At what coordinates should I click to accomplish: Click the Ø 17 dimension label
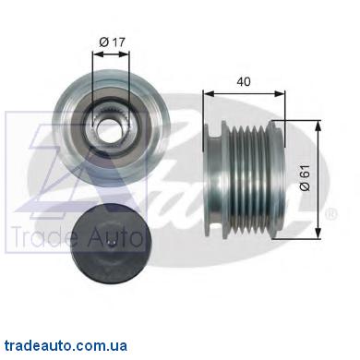pos(113,42)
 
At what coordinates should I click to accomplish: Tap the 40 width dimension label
pos(244,81)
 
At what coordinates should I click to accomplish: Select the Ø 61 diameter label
pos(306,178)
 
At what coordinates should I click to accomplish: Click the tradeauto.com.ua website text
pos(66,345)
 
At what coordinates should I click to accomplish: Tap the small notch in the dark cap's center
pos(111,245)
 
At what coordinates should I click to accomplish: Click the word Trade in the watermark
pos(42,237)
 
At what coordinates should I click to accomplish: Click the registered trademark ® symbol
pos(330,214)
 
